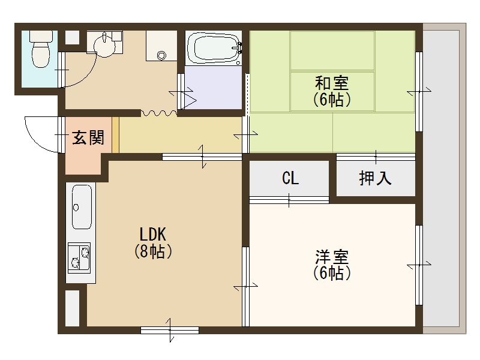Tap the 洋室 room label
point(332,257)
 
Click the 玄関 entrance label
point(88,138)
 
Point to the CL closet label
point(290,178)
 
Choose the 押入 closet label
point(375,178)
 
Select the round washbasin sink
point(106,47)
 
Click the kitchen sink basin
point(81,206)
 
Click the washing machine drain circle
point(161,55)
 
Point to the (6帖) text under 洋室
point(332,274)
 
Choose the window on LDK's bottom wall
point(170,329)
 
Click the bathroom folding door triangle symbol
point(190,100)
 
